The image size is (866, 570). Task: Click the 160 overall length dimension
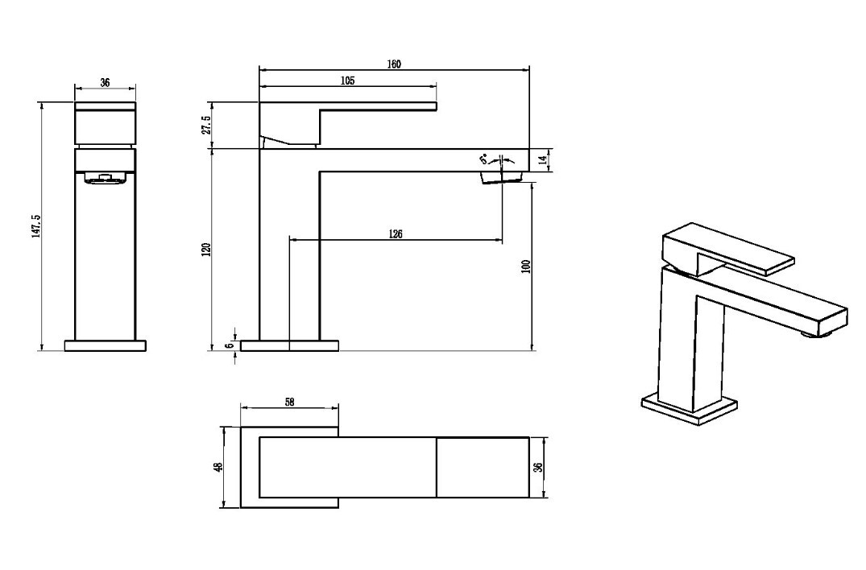pyautogui.click(x=394, y=64)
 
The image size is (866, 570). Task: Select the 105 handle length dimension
pyautogui.click(x=347, y=81)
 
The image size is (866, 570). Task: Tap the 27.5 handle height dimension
pyautogui.click(x=206, y=126)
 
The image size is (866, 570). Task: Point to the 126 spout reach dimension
pyautogui.click(x=396, y=234)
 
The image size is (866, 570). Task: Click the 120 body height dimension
pyautogui.click(x=206, y=250)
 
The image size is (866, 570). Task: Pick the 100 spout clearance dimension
pyautogui.click(x=525, y=266)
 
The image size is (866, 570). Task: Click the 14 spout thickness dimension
pyautogui.click(x=542, y=160)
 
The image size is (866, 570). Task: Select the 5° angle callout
pyautogui.click(x=484, y=159)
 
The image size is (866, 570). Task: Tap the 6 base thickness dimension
pyautogui.click(x=228, y=345)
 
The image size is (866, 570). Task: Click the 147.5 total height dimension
pyautogui.click(x=36, y=224)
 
